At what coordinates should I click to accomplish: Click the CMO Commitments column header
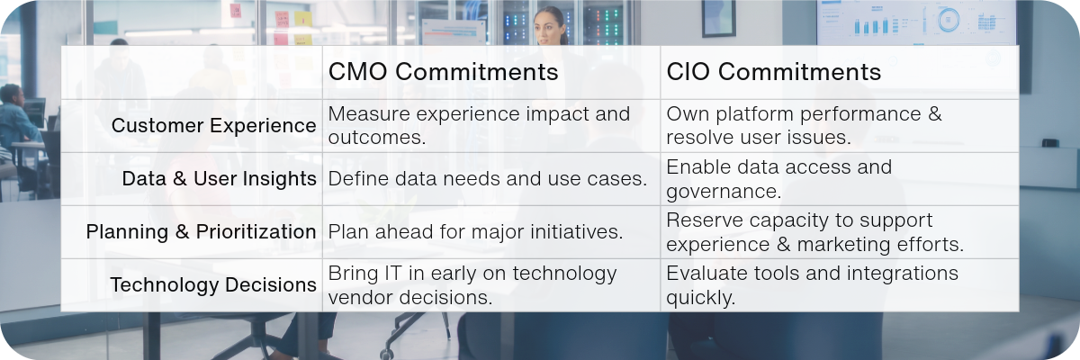click(x=443, y=72)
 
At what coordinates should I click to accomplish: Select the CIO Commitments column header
click(x=773, y=72)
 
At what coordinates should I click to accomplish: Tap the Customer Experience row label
click(x=213, y=126)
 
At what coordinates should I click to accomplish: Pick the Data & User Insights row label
click(x=219, y=179)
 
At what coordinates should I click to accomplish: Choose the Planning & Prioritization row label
click(x=201, y=232)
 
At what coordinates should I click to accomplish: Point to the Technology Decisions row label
click(x=213, y=284)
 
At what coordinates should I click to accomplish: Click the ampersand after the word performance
click(x=934, y=114)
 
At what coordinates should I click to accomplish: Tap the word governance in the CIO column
click(x=724, y=192)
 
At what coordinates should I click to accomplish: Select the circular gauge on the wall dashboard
click(x=948, y=20)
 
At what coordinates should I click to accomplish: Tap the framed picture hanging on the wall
click(x=718, y=18)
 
